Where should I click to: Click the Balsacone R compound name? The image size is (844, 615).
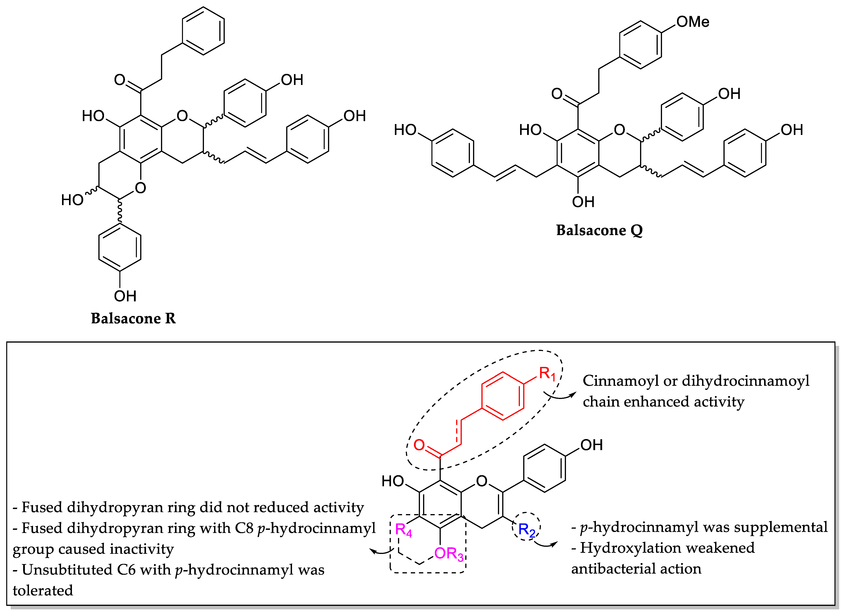click(133, 318)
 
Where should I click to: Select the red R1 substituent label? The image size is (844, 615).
click(547, 373)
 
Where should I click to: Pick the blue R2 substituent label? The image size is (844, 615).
click(527, 529)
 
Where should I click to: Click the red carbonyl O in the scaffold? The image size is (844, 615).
click(419, 445)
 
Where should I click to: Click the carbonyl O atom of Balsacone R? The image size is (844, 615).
click(120, 80)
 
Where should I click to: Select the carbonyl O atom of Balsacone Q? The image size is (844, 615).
click(557, 94)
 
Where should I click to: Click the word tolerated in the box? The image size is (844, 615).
click(43, 591)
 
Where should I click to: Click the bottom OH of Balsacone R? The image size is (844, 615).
click(125, 296)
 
